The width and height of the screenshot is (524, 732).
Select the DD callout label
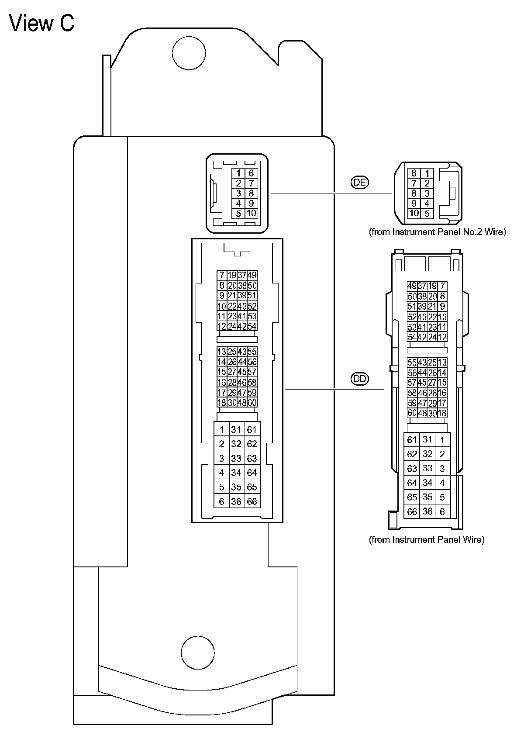tap(360, 379)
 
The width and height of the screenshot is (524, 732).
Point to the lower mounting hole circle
tap(197, 653)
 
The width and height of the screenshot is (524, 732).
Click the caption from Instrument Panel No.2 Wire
tap(438, 232)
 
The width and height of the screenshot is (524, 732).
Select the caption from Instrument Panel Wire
tap(427, 539)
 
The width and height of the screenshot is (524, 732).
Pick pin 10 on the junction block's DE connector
tap(252, 214)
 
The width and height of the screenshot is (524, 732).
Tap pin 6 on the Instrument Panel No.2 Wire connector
tap(414, 173)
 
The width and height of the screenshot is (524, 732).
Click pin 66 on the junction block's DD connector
tap(252, 501)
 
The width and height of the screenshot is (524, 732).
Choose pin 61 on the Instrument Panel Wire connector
tap(412, 440)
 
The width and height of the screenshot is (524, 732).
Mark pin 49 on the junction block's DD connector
tap(252, 275)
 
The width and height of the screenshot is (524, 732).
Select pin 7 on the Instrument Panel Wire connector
tap(443, 286)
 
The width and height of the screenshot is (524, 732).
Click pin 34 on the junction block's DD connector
tap(236, 473)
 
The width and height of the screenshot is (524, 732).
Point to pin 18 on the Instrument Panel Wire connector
tap(442, 413)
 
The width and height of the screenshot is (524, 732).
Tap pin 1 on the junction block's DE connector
tap(238, 173)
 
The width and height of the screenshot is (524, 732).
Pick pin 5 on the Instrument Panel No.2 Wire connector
tap(427, 214)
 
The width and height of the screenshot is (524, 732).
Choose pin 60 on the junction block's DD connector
tap(252, 402)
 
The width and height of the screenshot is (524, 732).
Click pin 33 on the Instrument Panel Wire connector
tap(427, 468)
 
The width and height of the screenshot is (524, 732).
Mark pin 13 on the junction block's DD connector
tap(221, 352)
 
